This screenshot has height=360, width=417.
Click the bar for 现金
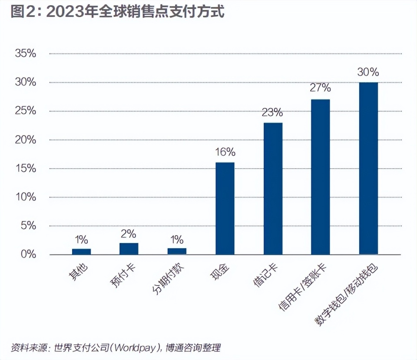pos(225,209)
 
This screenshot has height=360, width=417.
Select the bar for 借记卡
pos(273,189)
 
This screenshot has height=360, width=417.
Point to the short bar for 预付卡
pos(129,249)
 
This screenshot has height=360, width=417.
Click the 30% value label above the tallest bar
pos(368,72)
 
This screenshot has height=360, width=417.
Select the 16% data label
pos(225,152)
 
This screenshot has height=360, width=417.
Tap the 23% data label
pos(272,113)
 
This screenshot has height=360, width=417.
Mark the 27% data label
pos(321,88)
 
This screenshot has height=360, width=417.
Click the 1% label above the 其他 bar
pos(81,240)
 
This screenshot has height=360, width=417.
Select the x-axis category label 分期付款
pos(167,278)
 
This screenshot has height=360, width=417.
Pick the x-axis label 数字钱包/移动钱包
pos(347,294)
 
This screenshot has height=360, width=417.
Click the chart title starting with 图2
pos(117,12)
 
